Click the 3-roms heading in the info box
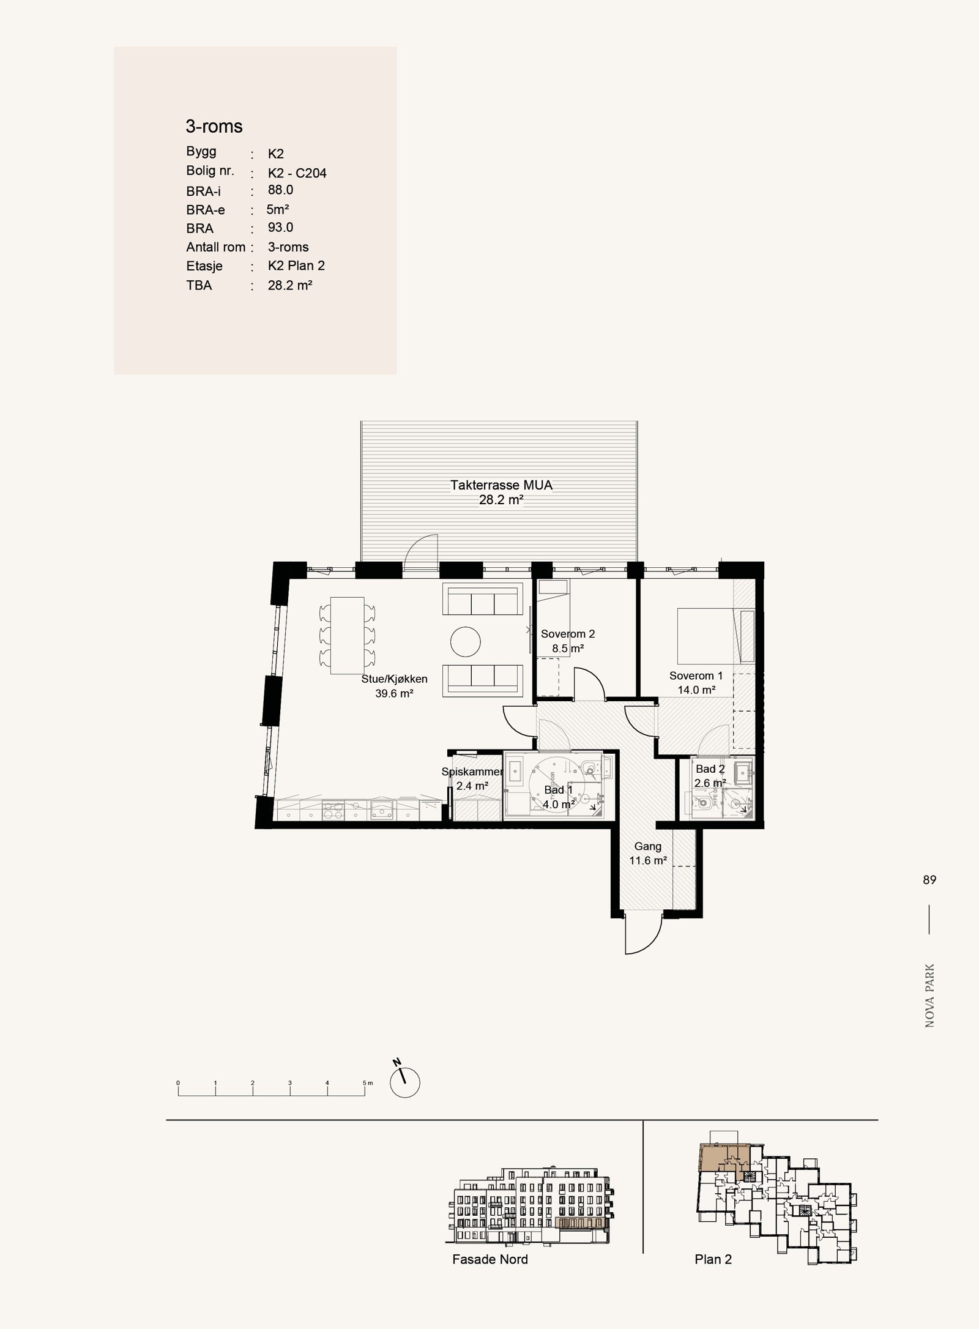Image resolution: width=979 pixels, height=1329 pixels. tap(214, 127)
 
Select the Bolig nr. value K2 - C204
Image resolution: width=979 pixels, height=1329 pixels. tap(297, 173)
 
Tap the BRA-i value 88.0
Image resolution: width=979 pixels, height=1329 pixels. tap(280, 190)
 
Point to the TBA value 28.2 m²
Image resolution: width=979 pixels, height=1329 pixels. tap(290, 285)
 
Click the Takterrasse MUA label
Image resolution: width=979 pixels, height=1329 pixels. tap(501, 485)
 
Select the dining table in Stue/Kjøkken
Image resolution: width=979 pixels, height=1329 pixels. tap(347, 635)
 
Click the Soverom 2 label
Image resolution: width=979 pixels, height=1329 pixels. tap(567, 634)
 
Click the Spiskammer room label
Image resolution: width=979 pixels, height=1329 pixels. tap(472, 772)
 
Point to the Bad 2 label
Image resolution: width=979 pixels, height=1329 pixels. tap(710, 769)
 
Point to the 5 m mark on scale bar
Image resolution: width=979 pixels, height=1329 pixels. tap(365, 1083)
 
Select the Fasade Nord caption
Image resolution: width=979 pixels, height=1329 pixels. tap(489, 1259)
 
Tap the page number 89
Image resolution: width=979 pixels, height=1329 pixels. tap(929, 880)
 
